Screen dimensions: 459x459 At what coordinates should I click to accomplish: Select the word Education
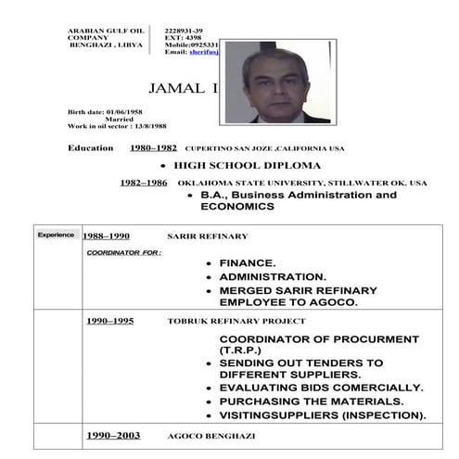(91, 148)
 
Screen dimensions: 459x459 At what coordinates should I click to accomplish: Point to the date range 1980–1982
(153, 148)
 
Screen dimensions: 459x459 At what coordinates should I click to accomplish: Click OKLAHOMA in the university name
(204, 184)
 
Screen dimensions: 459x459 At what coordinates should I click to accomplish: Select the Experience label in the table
(56, 235)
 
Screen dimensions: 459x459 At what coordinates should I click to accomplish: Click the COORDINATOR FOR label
(123, 251)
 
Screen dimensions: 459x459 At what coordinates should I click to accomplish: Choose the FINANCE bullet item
(247, 263)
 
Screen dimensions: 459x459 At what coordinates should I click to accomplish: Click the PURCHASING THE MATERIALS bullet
(311, 402)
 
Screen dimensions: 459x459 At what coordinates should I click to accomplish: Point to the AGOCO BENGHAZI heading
(206, 434)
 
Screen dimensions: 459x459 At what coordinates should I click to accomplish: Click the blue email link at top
(202, 52)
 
